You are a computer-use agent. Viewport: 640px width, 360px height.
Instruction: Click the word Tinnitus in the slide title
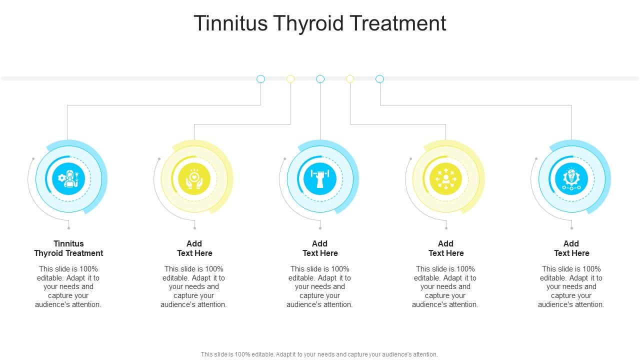pos(230,23)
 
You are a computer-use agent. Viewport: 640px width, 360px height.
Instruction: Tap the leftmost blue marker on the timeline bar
pos(260,79)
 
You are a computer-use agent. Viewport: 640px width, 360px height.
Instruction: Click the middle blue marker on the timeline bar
pos(320,79)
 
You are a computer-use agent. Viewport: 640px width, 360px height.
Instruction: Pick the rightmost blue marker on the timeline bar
pos(380,79)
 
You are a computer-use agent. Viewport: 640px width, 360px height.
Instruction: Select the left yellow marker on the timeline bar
pos(290,79)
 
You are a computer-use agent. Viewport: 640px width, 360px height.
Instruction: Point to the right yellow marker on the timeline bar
pos(350,79)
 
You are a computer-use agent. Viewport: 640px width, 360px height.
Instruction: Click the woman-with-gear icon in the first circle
pos(68,178)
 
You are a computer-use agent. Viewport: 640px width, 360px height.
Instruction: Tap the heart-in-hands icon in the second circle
pos(194,178)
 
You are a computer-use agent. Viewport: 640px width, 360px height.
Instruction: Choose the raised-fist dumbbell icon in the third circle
pos(320,178)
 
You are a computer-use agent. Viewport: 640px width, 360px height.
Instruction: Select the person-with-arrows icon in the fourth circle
pos(446,178)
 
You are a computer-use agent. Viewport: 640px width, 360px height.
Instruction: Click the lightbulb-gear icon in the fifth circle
pos(571,178)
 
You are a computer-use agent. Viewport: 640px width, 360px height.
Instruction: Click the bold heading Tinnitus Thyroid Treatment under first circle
pos(68,248)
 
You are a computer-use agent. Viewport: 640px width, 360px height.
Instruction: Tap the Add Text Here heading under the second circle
pos(194,248)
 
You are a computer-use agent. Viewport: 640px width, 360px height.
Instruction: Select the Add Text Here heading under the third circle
pos(320,248)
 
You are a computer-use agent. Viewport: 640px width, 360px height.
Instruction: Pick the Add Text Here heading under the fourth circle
pos(446,248)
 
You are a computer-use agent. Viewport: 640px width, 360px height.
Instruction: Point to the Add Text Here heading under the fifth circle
pos(571,248)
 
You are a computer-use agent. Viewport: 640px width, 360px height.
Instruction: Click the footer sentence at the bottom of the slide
pos(319,354)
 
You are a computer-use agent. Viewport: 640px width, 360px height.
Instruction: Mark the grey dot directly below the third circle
pos(320,228)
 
